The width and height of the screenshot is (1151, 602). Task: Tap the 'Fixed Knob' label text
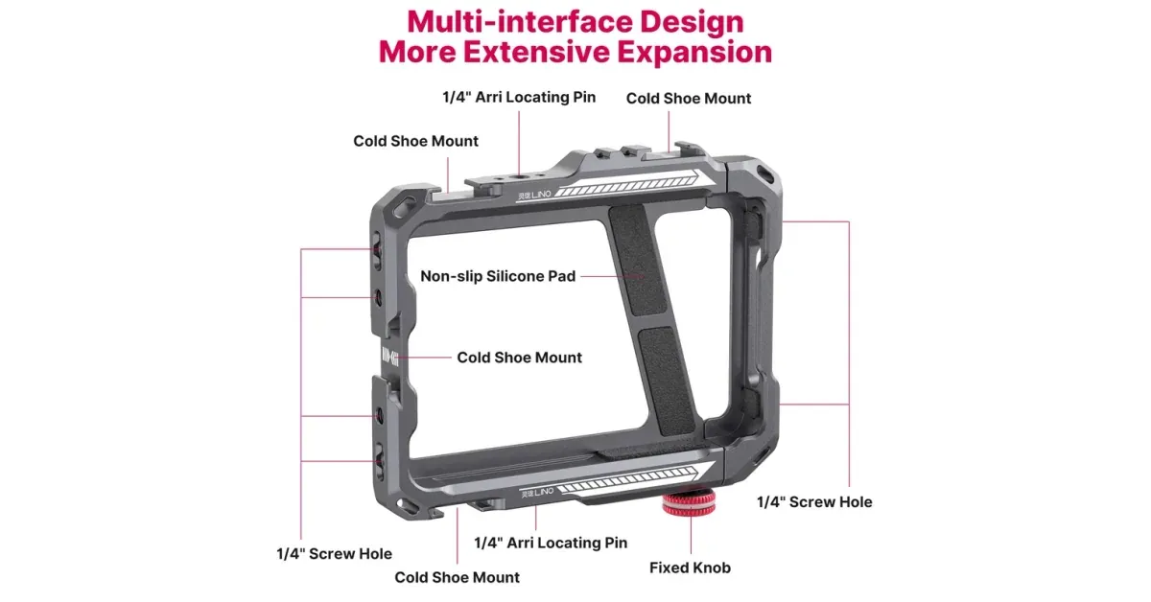tap(690, 567)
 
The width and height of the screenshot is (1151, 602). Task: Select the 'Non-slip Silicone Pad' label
tap(498, 276)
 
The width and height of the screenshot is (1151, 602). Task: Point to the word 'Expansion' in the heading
tap(694, 52)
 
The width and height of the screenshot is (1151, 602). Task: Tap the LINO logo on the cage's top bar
tap(534, 196)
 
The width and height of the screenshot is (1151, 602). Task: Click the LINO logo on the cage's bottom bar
tap(537, 493)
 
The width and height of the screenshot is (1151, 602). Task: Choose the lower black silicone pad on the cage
tap(667, 381)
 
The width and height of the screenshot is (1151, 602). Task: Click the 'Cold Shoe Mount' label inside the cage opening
tap(519, 358)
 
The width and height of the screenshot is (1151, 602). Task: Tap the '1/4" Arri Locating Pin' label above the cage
tap(519, 97)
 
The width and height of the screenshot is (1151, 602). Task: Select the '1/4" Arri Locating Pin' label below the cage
tap(551, 543)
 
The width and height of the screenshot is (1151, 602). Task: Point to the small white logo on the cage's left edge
tap(390, 356)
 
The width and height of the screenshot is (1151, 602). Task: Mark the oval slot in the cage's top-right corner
tap(765, 174)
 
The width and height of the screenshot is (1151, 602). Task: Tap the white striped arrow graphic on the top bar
tap(628, 185)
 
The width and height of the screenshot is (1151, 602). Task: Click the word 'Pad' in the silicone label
tap(562, 276)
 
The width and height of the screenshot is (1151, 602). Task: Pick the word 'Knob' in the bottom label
tap(711, 567)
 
